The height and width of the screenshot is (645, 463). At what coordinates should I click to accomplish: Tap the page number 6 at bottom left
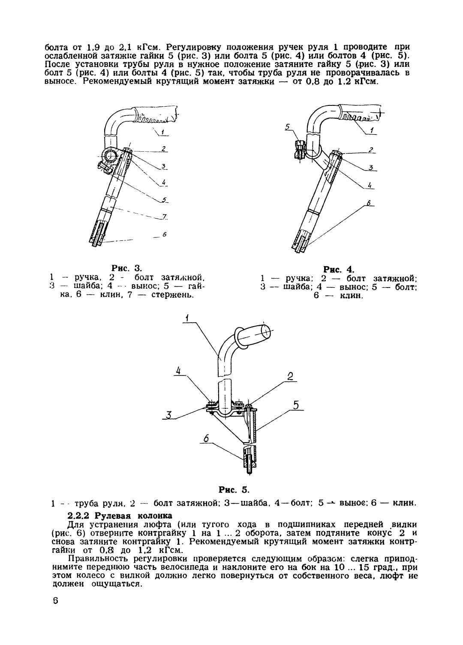(x=55, y=600)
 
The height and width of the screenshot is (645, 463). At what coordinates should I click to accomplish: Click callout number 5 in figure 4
(x=288, y=126)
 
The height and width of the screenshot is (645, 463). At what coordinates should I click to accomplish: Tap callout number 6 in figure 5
(x=206, y=438)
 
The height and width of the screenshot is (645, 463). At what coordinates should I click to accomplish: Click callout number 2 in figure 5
(x=290, y=377)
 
